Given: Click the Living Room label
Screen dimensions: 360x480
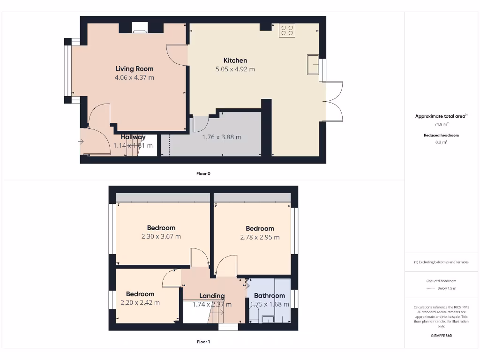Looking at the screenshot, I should pos(135,69).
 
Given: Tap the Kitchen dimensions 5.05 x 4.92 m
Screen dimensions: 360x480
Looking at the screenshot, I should pos(235,69).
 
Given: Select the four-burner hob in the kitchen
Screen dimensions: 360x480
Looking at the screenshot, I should pos(286,30).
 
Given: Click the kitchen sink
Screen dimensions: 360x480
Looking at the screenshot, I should pos(313,64).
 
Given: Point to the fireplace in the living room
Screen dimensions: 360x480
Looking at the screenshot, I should pos(140,29).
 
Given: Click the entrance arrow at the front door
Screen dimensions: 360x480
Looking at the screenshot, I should pos(81,141).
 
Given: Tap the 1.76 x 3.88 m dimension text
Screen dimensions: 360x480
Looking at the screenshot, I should pos(222,137).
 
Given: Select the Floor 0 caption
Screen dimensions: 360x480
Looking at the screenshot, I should pos(203,173).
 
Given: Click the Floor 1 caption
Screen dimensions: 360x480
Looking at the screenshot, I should pos(203,342).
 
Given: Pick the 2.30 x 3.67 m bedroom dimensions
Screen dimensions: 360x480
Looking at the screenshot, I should pos(161,236).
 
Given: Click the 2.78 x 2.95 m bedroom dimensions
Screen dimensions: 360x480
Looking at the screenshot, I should pos(260,237).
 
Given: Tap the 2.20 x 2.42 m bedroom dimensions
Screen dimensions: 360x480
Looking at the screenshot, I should pos(140,302).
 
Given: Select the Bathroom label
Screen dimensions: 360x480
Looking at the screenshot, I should pos(269,295).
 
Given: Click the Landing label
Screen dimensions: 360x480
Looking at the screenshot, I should pos(212,296).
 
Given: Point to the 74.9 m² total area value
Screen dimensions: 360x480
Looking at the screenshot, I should pos(441,125).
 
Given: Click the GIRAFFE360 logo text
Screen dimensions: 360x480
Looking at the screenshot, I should pos(441,336).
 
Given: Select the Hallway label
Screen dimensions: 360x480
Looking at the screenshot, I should pos(133,137).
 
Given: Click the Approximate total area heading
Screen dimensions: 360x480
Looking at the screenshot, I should pos(441,116).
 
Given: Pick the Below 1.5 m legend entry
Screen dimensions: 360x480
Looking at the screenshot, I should pos(446,288).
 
